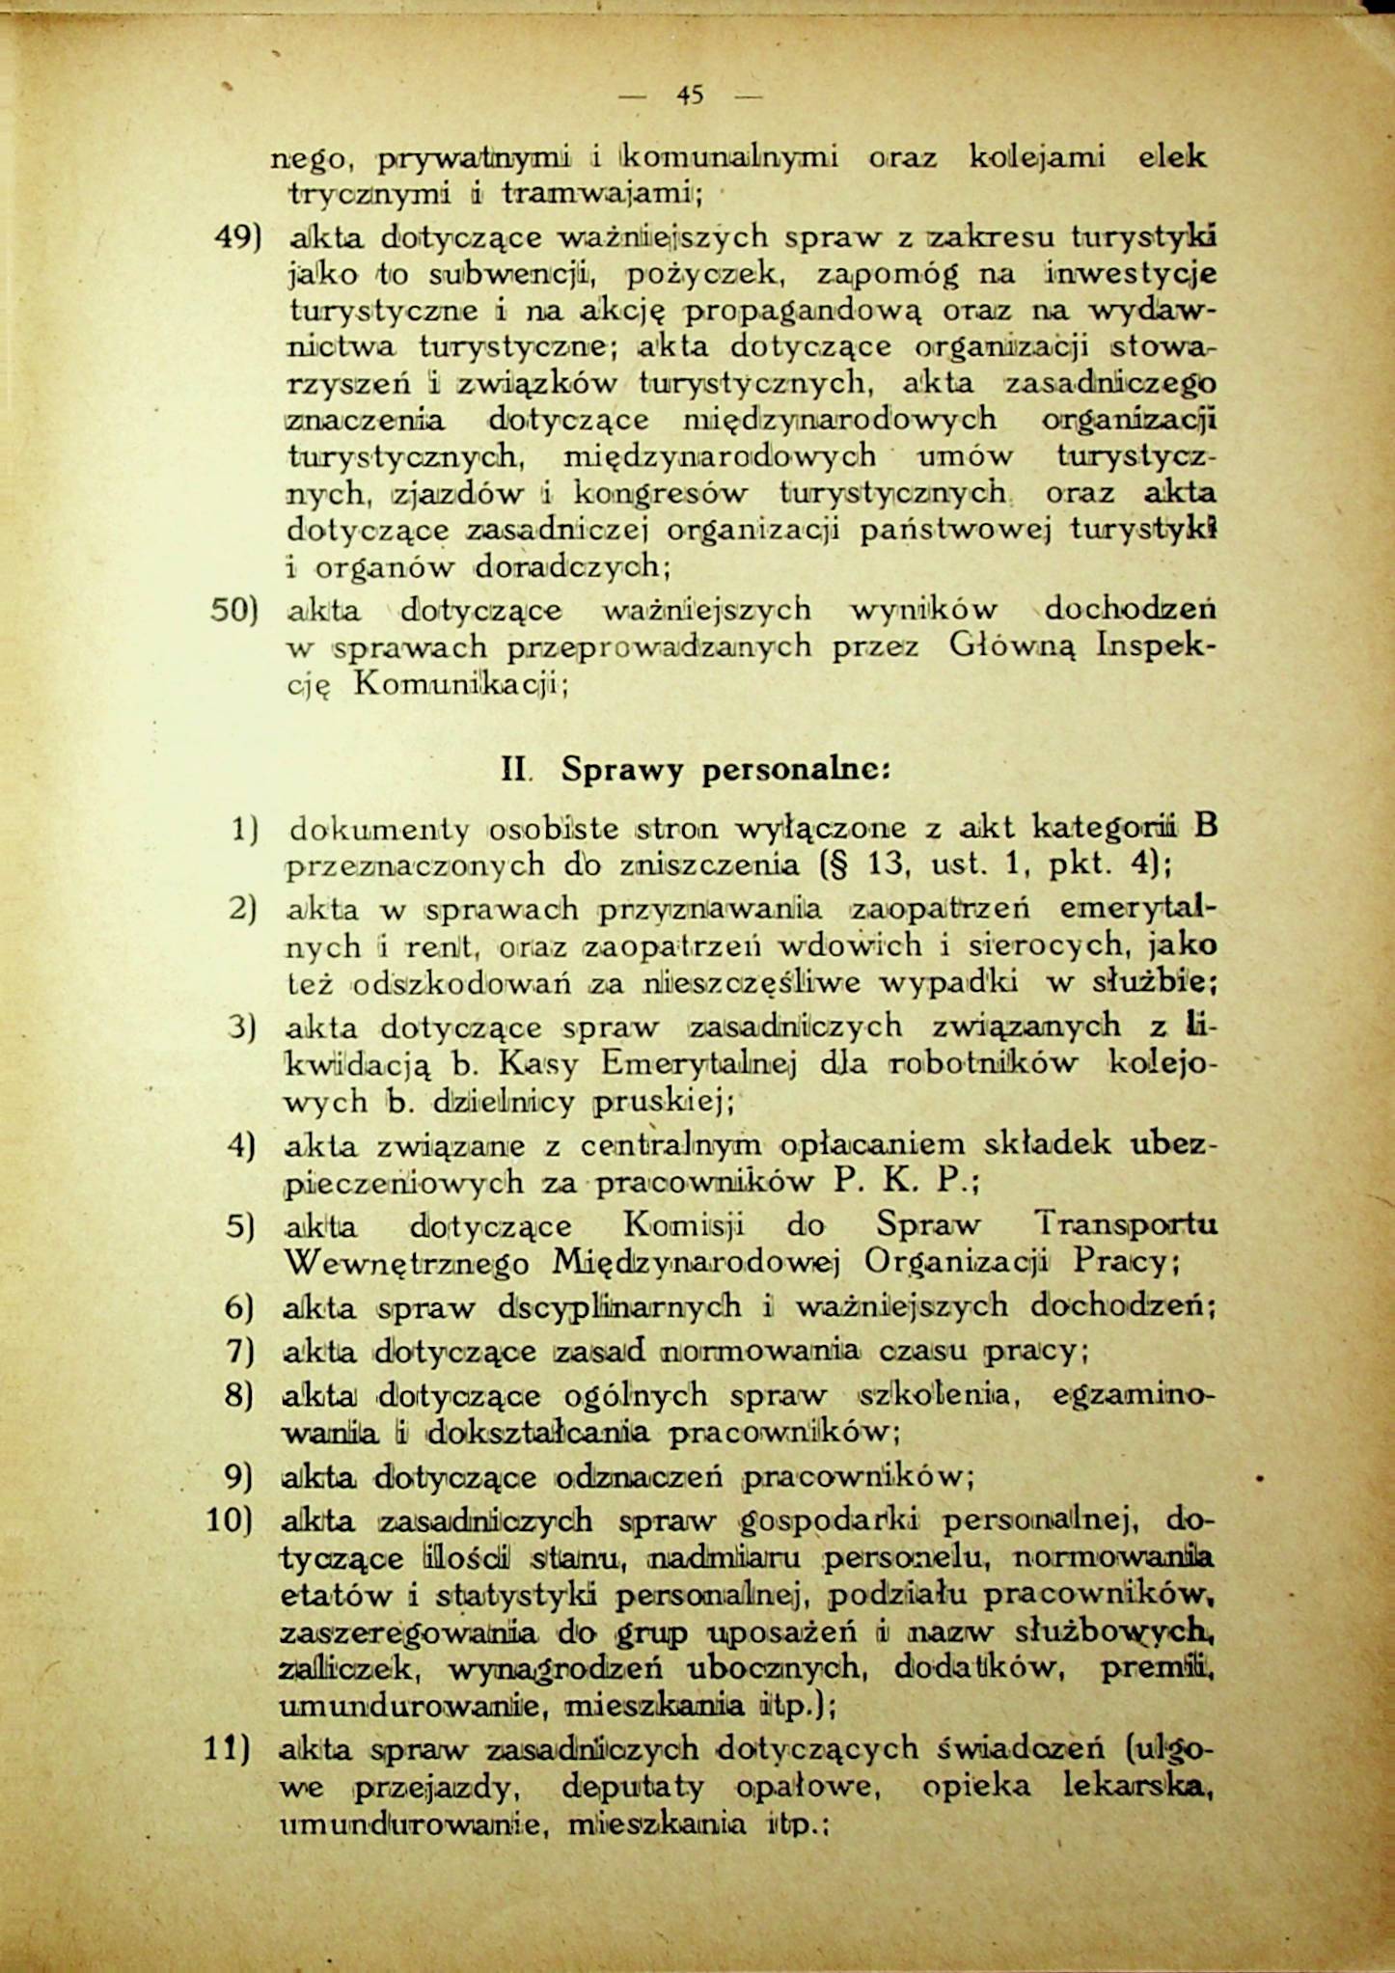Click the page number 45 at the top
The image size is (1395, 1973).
[690, 95]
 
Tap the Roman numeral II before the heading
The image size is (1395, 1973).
[513, 771]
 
